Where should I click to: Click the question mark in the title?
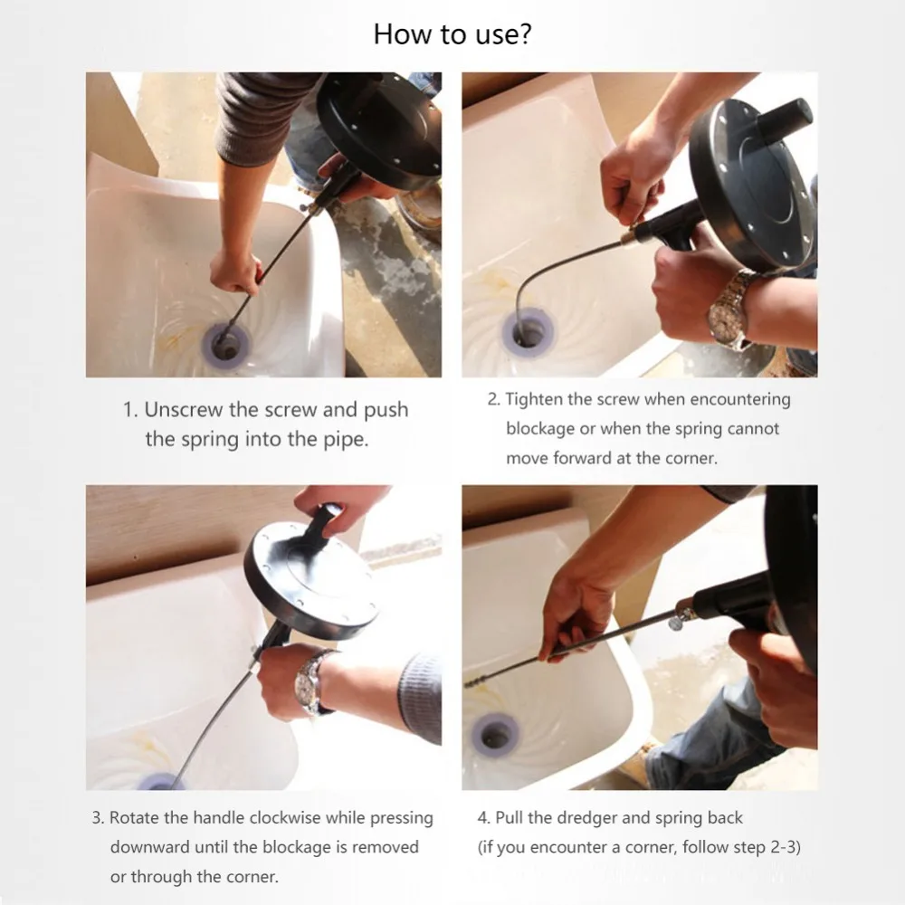524,33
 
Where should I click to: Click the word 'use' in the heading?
495,36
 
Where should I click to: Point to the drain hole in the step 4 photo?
494,735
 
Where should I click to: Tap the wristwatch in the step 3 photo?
309,682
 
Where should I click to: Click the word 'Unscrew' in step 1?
183,410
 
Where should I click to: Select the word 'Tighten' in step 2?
533,400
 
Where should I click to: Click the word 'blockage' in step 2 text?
540,429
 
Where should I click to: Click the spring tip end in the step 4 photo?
468,684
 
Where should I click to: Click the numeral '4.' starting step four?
483,818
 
